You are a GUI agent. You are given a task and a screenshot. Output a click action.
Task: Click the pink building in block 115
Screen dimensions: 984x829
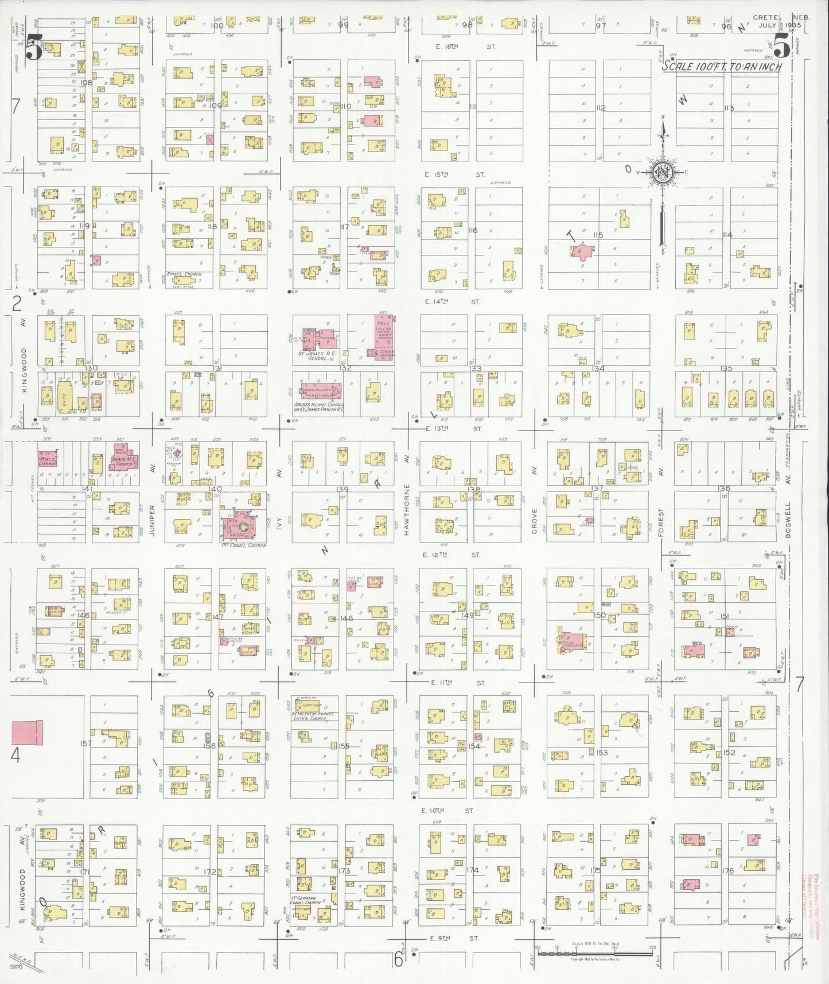pyautogui.click(x=581, y=251)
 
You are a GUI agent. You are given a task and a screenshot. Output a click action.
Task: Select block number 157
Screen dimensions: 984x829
pyautogui.click(x=86, y=743)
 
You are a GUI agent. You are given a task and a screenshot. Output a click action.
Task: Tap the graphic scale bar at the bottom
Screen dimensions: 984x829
pyautogui.click(x=594, y=954)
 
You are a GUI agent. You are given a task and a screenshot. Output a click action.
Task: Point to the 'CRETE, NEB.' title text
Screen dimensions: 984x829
pyautogui.click(x=780, y=18)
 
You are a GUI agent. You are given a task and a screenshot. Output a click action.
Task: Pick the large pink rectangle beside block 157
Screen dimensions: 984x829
pyautogui.click(x=26, y=733)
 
